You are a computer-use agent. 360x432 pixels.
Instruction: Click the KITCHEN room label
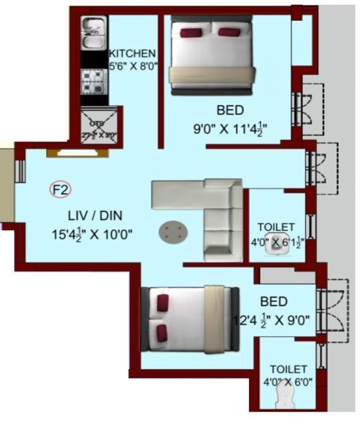click(132, 53)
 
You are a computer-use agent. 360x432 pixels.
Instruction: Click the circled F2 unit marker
click(60, 191)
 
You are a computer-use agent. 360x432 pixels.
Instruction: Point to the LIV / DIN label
click(95, 215)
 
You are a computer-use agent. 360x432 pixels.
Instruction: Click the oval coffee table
click(174, 232)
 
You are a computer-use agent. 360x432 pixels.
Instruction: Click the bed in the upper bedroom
click(212, 54)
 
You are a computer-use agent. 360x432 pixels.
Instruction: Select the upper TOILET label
click(276, 227)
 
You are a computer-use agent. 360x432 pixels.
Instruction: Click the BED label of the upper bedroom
click(230, 110)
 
